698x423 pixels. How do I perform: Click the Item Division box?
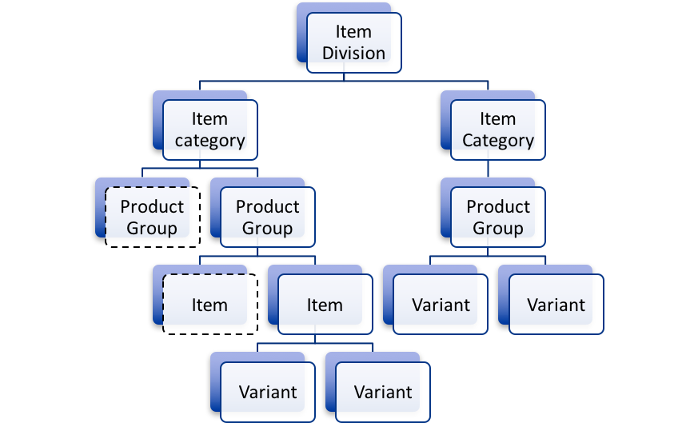(x=353, y=43)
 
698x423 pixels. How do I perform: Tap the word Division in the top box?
(x=353, y=54)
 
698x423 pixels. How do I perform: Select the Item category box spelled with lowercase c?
(x=209, y=130)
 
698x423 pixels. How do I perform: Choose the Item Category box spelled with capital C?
(x=497, y=130)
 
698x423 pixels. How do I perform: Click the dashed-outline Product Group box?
(x=151, y=217)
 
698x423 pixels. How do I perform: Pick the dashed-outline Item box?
(x=209, y=305)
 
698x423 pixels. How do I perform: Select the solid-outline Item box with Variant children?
(x=325, y=305)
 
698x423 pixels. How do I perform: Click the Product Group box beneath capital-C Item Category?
(x=497, y=217)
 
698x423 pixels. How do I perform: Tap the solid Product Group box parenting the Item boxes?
(x=267, y=217)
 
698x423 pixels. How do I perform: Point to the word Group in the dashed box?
(x=151, y=229)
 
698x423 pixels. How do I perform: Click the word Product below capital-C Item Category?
(x=498, y=206)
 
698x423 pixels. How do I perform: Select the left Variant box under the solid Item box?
(x=267, y=392)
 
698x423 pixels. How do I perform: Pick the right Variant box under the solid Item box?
(x=382, y=392)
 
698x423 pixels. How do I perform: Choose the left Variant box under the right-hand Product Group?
(x=440, y=305)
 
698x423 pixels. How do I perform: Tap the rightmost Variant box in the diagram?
(x=556, y=305)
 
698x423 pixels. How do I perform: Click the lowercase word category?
(x=209, y=141)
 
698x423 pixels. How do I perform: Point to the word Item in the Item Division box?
(x=353, y=33)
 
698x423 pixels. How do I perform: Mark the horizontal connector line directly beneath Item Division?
(x=344, y=81)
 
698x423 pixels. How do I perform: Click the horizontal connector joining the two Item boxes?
(x=257, y=256)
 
